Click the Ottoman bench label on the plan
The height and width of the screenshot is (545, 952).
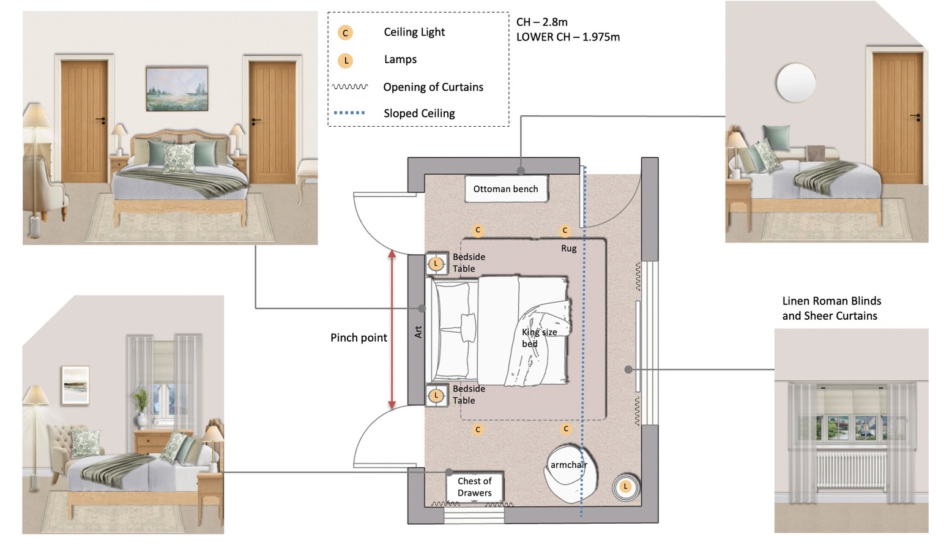[505, 189]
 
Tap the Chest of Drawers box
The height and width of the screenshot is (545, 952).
[475, 487]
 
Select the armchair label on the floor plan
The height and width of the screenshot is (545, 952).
[568, 465]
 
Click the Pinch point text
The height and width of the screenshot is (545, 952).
[359, 338]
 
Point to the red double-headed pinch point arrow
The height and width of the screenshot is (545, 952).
[392, 329]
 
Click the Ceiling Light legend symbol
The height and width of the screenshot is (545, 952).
[345, 32]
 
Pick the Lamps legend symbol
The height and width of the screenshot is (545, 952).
[346, 61]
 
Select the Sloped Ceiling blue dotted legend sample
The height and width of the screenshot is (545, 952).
[349, 113]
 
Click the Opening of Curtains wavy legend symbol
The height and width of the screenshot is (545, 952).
[350, 87]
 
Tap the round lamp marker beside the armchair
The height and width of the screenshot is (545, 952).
[625, 487]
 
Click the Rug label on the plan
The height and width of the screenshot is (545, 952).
[568, 249]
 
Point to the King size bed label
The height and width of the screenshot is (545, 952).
[539, 338]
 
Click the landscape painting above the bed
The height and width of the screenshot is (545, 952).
[177, 89]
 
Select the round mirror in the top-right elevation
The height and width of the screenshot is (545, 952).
[795, 83]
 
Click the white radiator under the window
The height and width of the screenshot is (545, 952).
[851, 470]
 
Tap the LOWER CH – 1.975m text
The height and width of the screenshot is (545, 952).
[568, 37]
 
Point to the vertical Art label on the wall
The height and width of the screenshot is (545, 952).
[418, 332]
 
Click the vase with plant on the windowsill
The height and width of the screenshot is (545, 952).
[141, 407]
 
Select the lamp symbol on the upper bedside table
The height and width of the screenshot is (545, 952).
[436, 264]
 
